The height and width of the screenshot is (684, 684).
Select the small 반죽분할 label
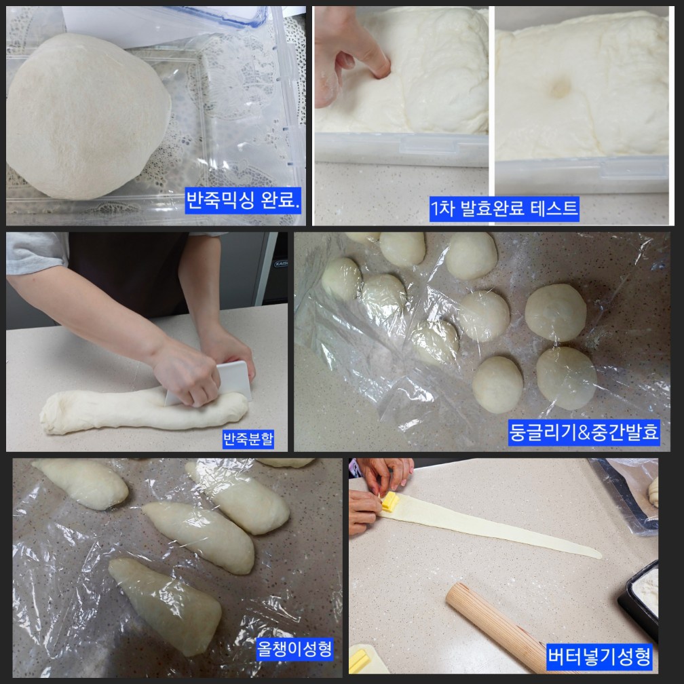click(248, 439)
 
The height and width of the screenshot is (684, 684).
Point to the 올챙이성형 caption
click(294, 649)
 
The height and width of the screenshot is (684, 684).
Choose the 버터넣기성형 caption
click(599, 656)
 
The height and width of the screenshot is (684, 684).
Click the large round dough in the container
click(88, 115)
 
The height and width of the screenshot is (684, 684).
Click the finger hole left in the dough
click(560, 89)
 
